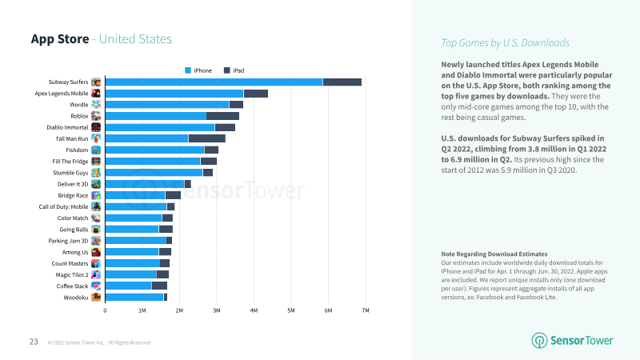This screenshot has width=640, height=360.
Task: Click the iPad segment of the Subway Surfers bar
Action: [342, 82]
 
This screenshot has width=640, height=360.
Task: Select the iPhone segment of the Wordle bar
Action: [167, 104]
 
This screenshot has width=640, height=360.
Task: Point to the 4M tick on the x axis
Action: [254, 310]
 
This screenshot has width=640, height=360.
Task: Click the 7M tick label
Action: [365, 310]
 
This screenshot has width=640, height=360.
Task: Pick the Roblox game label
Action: [78, 116]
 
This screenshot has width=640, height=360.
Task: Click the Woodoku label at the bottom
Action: [75, 298]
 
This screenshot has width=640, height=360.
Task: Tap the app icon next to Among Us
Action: [96, 252]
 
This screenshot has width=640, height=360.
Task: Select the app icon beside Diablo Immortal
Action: [96, 127]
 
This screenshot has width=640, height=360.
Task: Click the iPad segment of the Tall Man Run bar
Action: [206, 138]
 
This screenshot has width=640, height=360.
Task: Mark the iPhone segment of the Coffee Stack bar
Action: [128, 286]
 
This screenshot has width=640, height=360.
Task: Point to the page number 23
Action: [34, 342]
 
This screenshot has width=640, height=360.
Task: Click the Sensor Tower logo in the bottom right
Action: [573, 340]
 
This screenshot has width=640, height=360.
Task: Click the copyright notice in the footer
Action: [98, 342]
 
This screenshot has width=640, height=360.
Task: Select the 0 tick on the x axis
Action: [105, 310]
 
